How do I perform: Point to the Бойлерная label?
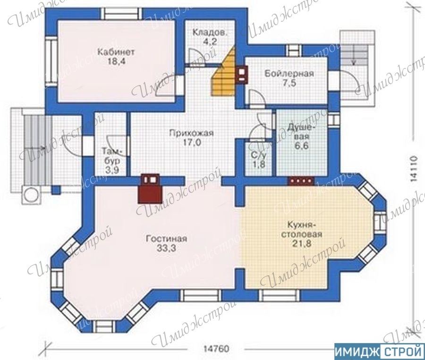[x=289, y=74]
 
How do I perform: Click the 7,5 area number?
[x=290, y=83]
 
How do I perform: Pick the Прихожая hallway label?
[x=191, y=133]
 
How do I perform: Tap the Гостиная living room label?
[x=166, y=239]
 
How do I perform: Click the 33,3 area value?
[x=166, y=248]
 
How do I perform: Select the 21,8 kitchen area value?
[x=302, y=243]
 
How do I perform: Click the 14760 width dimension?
[x=216, y=349]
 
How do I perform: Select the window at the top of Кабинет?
[x=123, y=13]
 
